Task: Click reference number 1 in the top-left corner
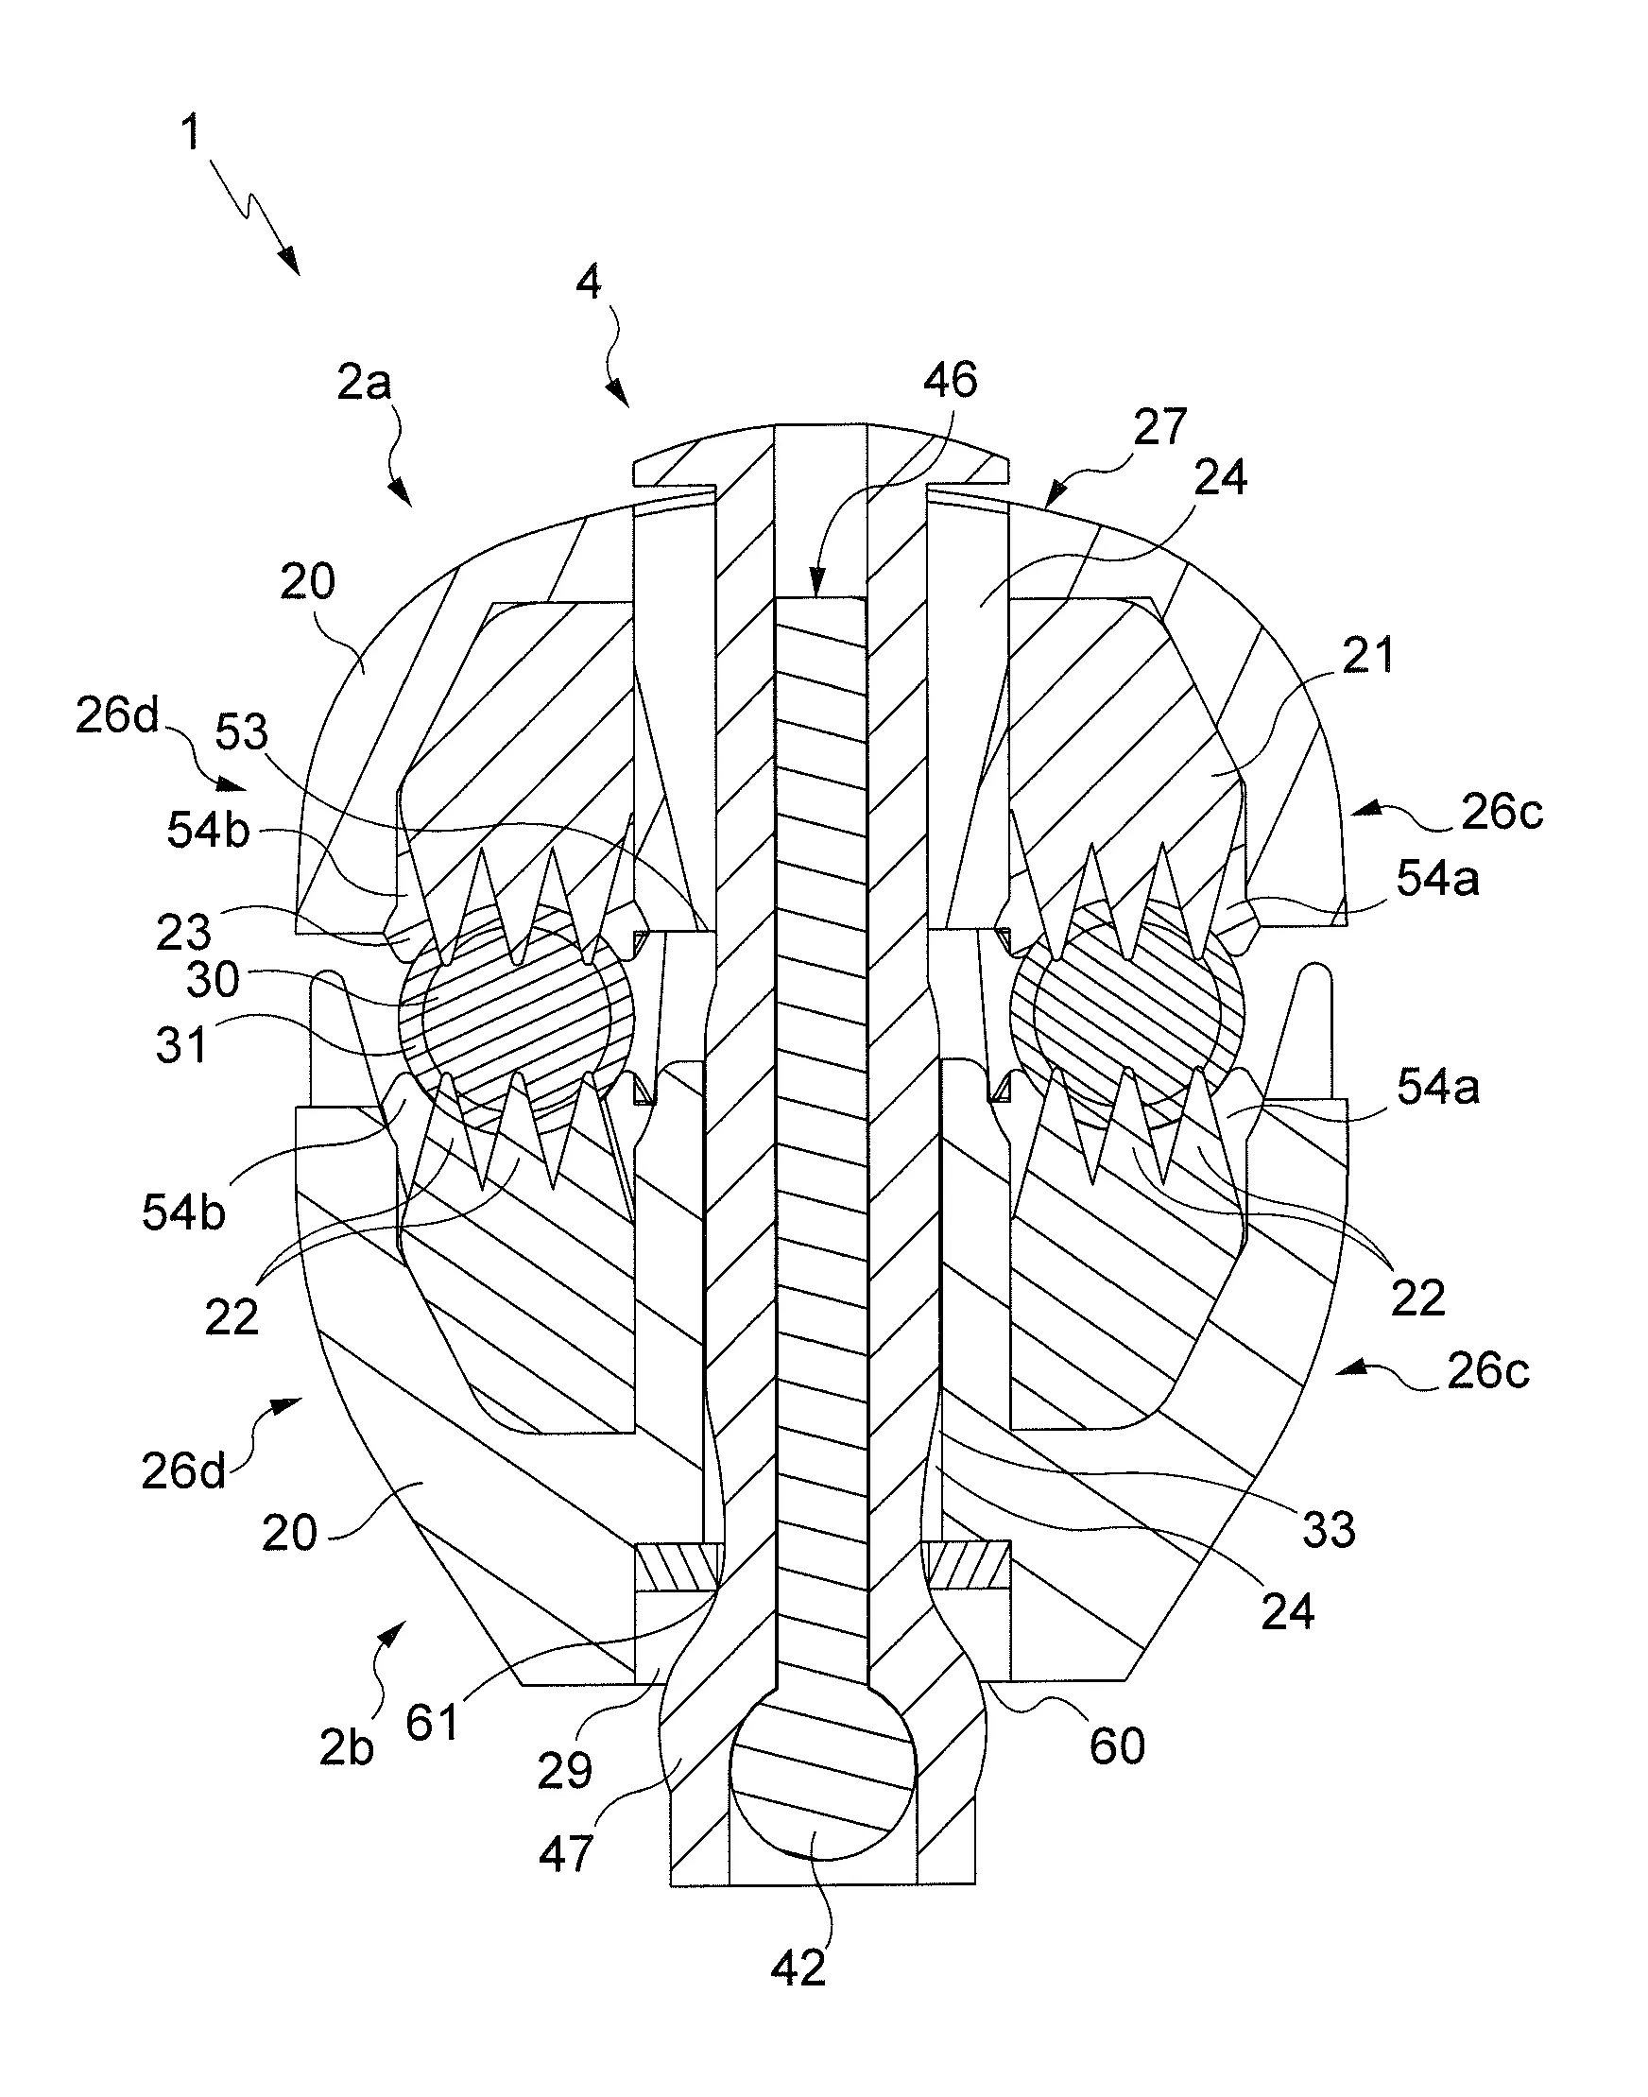click(x=192, y=132)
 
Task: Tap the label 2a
click(x=364, y=384)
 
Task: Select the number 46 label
click(x=950, y=380)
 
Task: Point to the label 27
click(x=1159, y=426)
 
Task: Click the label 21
click(x=1367, y=656)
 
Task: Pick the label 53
click(x=240, y=732)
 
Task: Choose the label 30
click(x=213, y=979)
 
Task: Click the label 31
click(x=181, y=1045)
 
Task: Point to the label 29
click(x=564, y=1770)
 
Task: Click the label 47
click(x=565, y=1854)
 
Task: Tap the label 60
click(x=1116, y=1745)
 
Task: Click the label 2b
click(x=347, y=1747)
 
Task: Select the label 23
click(x=183, y=931)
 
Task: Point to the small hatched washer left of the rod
click(x=678, y=1567)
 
